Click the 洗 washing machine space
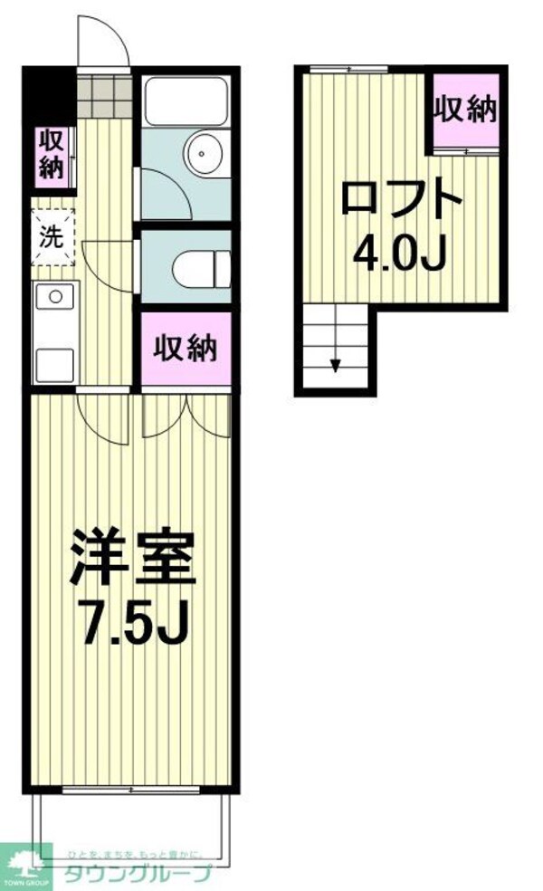[53, 237]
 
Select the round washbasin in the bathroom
[200, 152]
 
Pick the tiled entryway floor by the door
[105, 94]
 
